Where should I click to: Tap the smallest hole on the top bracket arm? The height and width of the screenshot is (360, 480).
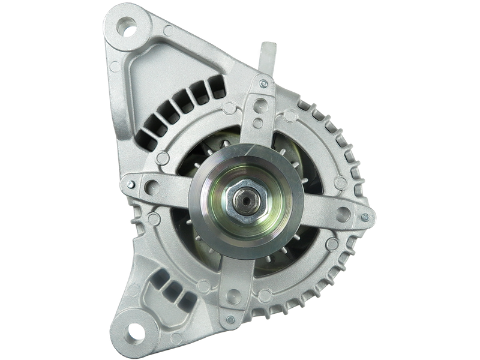pyautogui.click(x=257, y=124)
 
